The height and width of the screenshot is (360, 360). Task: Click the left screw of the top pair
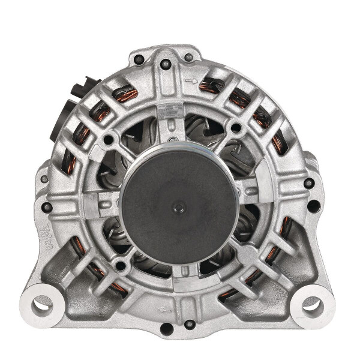click(139, 59)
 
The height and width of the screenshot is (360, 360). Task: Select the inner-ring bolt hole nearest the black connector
click(108, 140)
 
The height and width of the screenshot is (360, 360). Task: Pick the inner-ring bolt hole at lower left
click(121, 265)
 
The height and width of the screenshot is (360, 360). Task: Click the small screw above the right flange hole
click(308, 182)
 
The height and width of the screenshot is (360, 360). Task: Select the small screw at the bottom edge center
click(165, 328)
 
